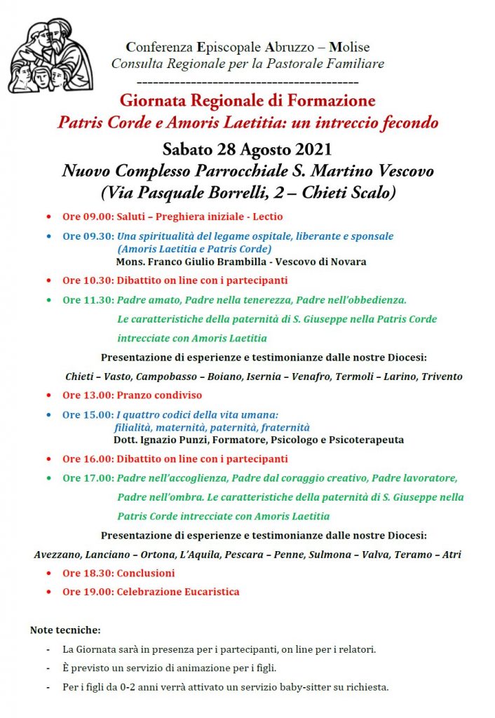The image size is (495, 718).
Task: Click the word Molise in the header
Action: pos(349,48)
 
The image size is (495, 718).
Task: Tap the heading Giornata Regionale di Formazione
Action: pos(247,100)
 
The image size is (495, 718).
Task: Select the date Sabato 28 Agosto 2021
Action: pos(247,149)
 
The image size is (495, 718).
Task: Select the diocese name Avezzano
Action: pos(57,555)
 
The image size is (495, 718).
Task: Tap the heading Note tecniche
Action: pos(65,630)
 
